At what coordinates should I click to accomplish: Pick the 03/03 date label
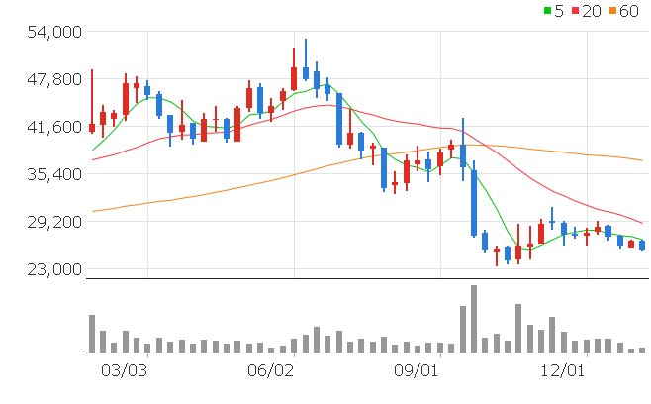click(x=125, y=370)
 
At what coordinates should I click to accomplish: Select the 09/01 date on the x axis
click(x=417, y=370)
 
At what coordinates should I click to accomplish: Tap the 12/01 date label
click(x=562, y=370)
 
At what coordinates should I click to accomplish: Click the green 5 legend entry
click(x=552, y=11)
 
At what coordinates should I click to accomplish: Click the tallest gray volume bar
click(x=474, y=319)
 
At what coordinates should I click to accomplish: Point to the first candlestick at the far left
click(x=92, y=127)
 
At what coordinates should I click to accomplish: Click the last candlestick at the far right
click(x=642, y=245)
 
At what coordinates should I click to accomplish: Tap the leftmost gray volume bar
click(x=92, y=334)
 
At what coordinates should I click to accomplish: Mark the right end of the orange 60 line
click(x=643, y=160)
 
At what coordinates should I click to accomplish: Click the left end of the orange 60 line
click(x=92, y=211)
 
